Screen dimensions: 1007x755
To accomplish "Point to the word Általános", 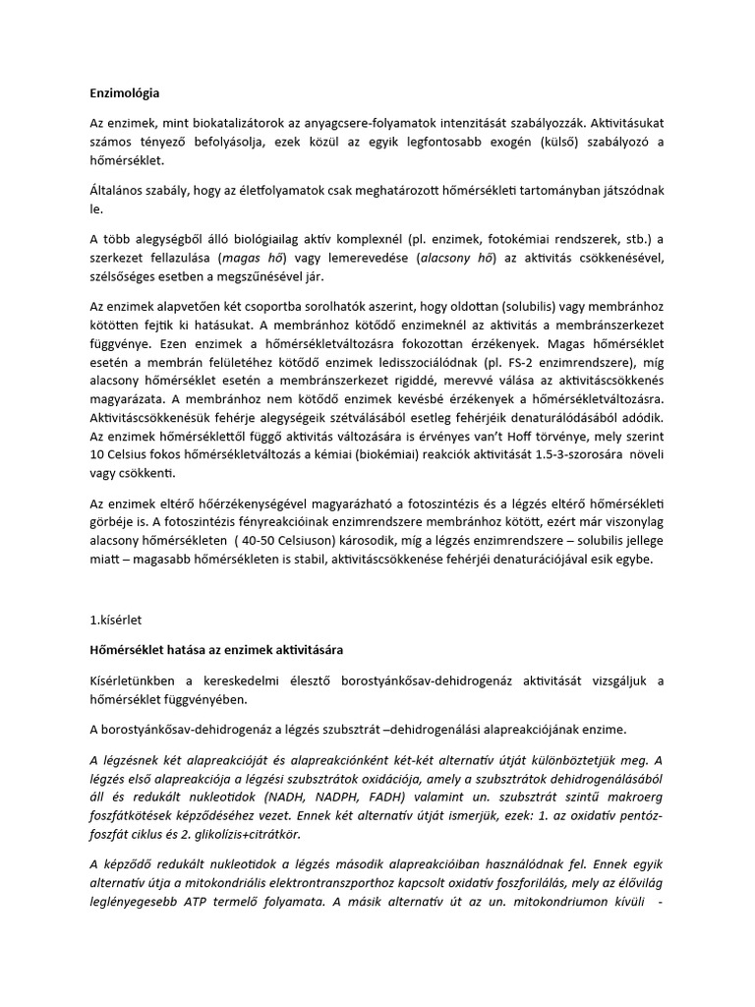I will [x=120, y=191].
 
